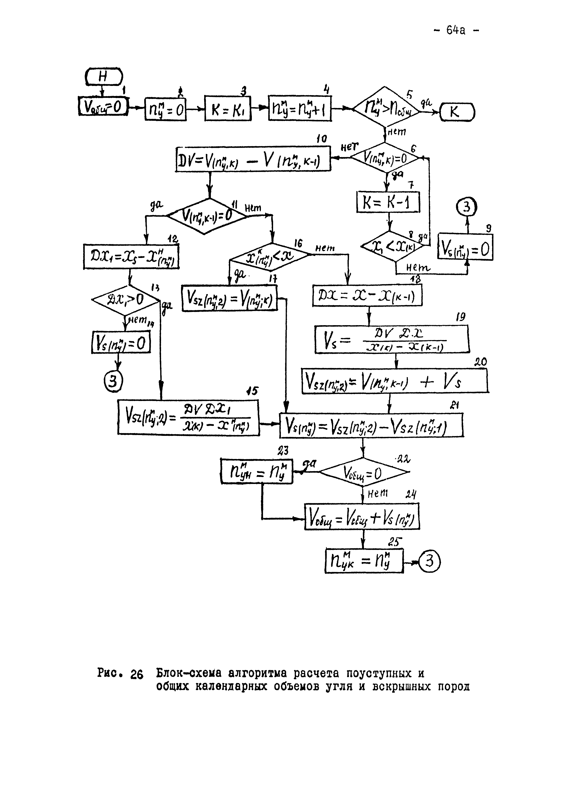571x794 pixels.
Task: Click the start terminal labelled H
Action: point(104,77)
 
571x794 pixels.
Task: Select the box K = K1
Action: point(228,109)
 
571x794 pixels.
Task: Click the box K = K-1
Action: point(388,202)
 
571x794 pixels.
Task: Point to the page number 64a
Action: point(455,31)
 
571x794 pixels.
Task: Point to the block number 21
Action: point(455,405)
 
